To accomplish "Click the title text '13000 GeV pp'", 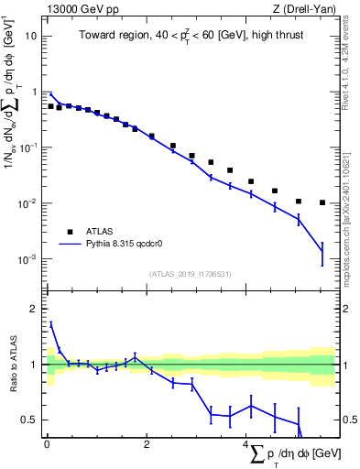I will coord(77,10).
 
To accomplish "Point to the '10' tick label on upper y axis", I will coord(31,36).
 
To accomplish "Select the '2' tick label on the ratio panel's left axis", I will coord(34,309).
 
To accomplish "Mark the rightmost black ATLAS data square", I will coord(322,202).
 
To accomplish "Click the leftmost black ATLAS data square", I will coord(50,106).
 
